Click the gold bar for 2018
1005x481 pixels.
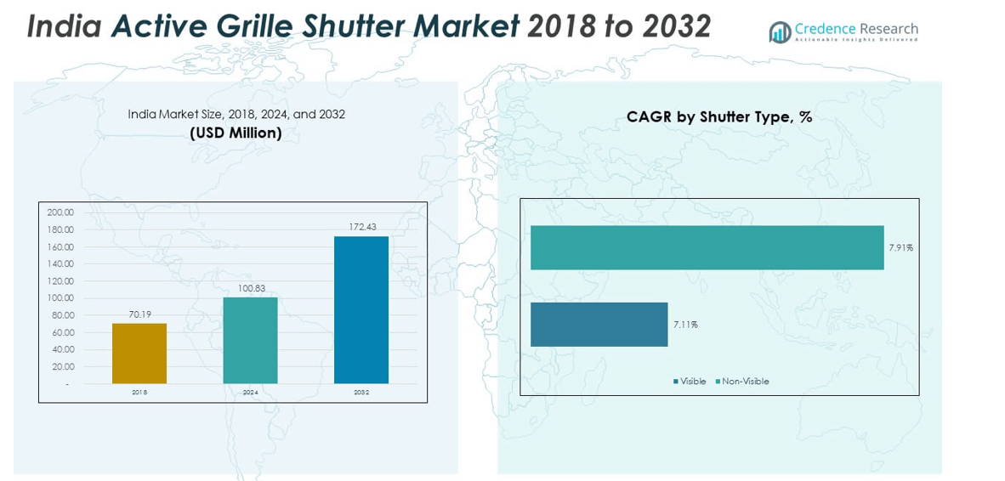(x=139, y=353)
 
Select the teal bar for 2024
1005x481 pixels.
(x=250, y=340)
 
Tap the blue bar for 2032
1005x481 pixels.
(x=361, y=309)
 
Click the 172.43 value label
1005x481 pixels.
(x=362, y=227)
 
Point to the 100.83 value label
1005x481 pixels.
(x=251, y=288)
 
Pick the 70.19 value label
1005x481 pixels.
(x=140, y=314)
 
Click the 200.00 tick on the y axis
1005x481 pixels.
(x=60, y=212)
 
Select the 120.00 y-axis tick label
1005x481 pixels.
(x=60, y=281)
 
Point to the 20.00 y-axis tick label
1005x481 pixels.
(x=62, y=367)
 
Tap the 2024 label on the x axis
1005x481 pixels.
(x=250, y=393)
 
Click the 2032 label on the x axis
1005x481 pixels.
(x=361, y=393)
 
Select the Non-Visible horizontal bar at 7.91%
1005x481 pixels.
(x=707, y=247)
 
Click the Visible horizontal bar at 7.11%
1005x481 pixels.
(x=599, y=325)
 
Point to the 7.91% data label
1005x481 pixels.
(x=900, y=247)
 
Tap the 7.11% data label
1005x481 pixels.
(x=685, y=325)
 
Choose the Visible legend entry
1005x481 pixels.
(x=690, y=382)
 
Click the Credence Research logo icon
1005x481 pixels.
(x=780, y=32)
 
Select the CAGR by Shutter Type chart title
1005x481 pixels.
(x=719, y=117)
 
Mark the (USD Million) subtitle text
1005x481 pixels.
(x=236, y=133)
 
